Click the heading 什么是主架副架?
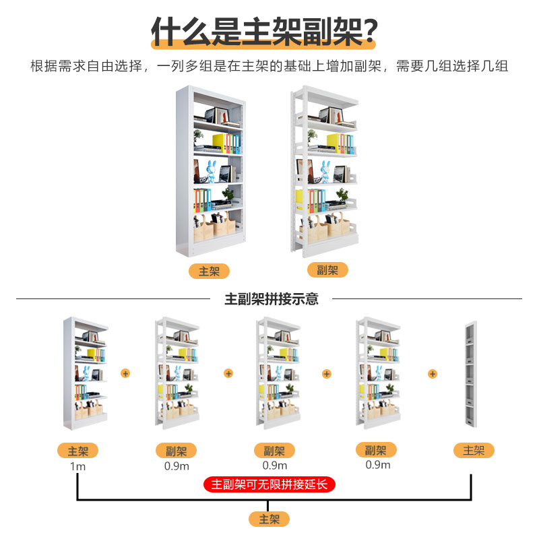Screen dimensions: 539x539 coord(263,31)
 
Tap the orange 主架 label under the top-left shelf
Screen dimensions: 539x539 coord(209,271)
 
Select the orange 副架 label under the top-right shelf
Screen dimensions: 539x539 coord(327,270)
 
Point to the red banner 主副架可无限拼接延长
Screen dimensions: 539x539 coord(269,484)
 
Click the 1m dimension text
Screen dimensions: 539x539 coord(77,466)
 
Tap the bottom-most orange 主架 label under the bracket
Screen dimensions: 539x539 coord(269,519)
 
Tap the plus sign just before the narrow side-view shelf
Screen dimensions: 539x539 coord(433,373)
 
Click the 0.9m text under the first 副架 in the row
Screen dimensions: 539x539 coord(177,466)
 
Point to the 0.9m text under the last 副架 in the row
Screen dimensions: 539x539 coord(377,464)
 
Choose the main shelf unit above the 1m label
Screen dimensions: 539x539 coord(86,374)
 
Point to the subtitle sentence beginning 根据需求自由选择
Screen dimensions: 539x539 coord(269,66)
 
